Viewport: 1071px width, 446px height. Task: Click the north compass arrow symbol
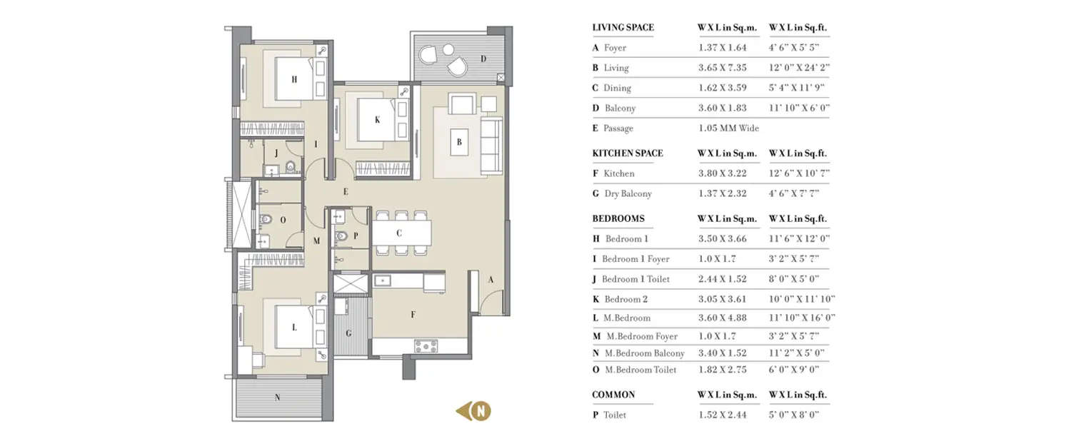[x=475, y=411]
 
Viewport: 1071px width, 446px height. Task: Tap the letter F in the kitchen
[x=413, y=314]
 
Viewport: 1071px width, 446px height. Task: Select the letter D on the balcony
[x=483, y=59]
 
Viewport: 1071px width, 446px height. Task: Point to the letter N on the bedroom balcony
[x=277, y=398]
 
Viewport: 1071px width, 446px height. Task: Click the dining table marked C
[x=400, y=233]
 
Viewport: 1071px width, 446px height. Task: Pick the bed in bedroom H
[x=294, y=78]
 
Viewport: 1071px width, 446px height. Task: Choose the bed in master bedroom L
[x=294, y=328]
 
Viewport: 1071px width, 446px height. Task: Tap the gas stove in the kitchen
[x=426, y=347]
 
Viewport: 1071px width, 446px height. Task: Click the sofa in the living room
[x=491, y=146]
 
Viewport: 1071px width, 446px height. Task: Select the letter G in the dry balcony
[x=348, y=333]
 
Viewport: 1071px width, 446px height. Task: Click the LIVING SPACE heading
[x=623, y=28]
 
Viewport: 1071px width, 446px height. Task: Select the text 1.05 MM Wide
[x=728, y=128]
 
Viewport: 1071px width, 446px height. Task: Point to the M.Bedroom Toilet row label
[x=640, y=370]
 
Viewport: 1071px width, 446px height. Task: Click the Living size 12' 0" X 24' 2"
[x=799, y=68]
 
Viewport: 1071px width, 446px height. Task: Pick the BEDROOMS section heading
[x=618, y=218]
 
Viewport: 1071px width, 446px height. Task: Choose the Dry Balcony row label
[x=627, y=193]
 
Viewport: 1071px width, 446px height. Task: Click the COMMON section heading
[x=613, y=395]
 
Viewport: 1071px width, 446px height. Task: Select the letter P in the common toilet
[x=355, y=235]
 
